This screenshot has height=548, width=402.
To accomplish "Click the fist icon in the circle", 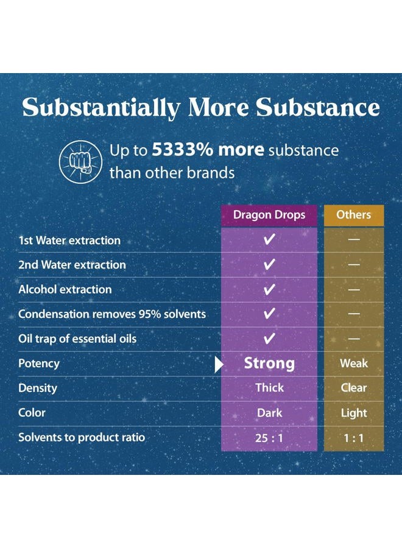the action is pyautogui.click(x=81, y=162).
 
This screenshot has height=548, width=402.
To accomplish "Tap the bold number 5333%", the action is pyautogui.click(x=182, y=150).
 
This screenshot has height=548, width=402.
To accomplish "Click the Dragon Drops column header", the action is pyautogui.click(x=269, y=214).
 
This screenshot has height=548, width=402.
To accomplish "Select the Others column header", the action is pyautogui.click(x=354, y=214).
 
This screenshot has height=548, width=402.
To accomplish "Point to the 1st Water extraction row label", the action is pyautogui.click(x=69, y=241).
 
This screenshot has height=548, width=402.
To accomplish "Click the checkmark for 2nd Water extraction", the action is pyautogui.click(x=269, y=264).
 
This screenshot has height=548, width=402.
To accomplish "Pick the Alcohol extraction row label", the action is pyautogui.click(x=65, y=289).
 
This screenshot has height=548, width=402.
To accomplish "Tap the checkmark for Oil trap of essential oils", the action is pyautogui.click(x=269, y=339).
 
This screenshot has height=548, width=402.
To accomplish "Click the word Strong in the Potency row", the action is pyautogui.click(x=269, y=364).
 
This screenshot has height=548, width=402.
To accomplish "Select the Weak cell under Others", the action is pyautogui.click(x=354, y=364).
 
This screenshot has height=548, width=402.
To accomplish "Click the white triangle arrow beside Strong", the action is pyautogui.click(x=219, y=365).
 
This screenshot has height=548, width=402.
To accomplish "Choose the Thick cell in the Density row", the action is pyautogui.click(x=269, y=388).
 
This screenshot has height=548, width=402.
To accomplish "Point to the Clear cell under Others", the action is pyautogui.click(x=354, y=388).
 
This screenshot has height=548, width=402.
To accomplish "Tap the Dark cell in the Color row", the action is pyautogui.click(x=269, y=413).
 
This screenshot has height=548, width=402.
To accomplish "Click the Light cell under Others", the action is pyautogui.click(x=354, y=413).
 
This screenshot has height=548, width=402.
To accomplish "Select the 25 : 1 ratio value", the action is pyautogui.click(x=269, y=438).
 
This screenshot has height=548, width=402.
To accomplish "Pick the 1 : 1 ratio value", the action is pyautogui.click(x=354, y=438).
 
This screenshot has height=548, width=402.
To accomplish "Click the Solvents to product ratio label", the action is pyautogui.click(x=82, y=438).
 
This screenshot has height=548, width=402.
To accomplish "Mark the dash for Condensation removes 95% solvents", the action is pyautogui.click(x=354, y=314).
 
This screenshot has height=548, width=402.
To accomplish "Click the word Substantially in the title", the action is pyautogui.click(x=101, y=107).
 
